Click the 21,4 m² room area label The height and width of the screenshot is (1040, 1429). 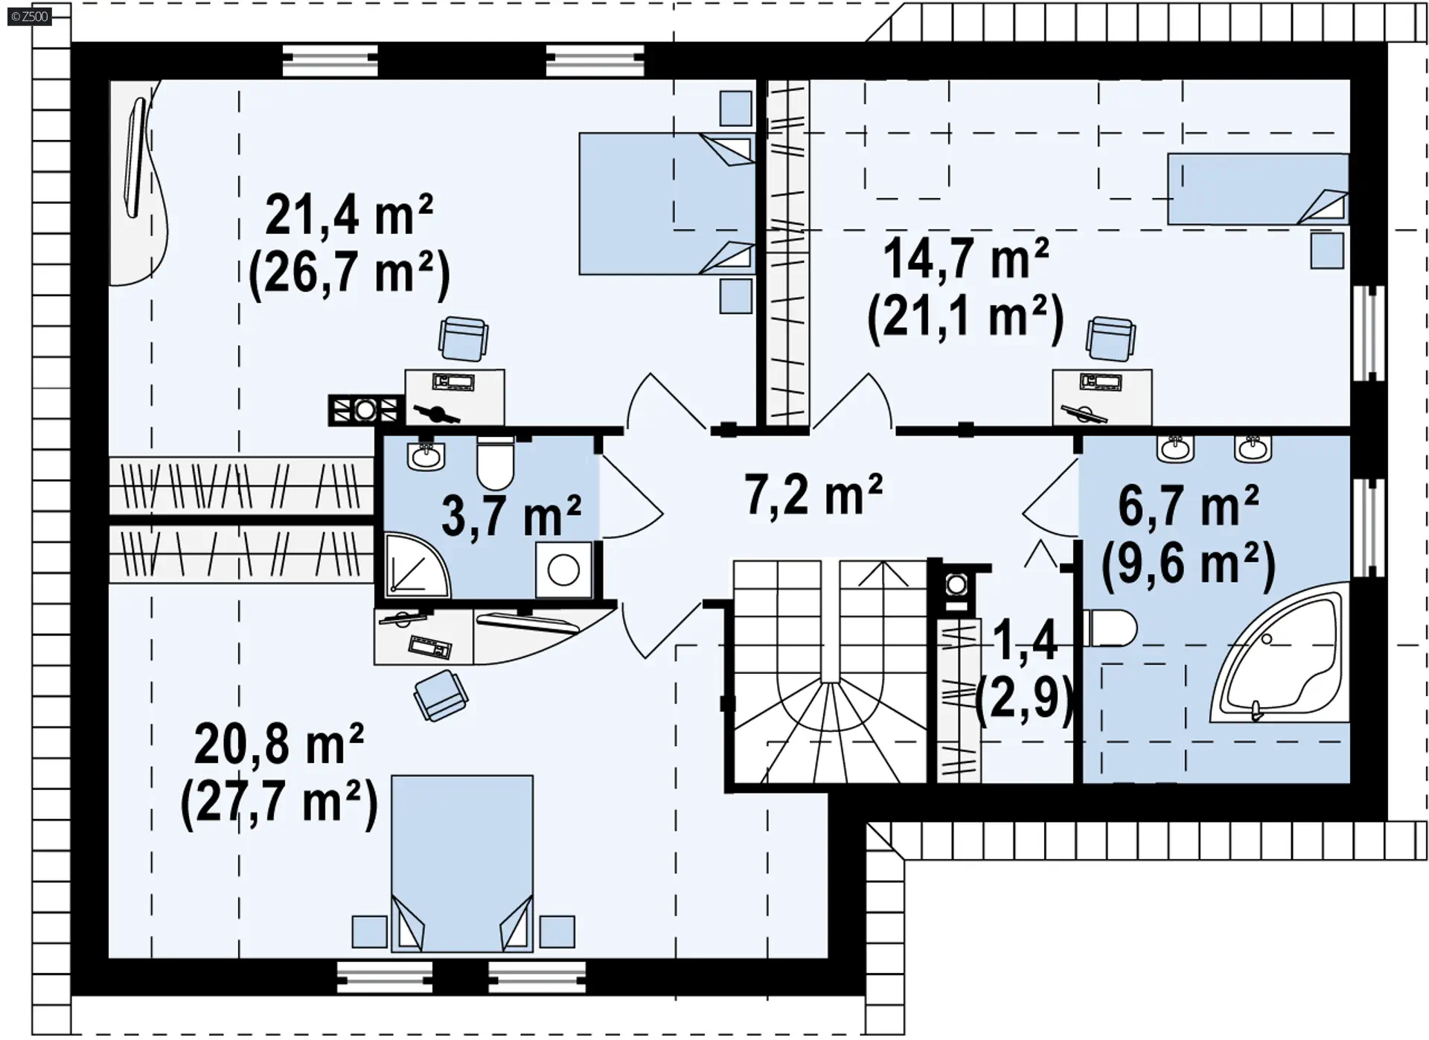pyautogui.click(x=349, y=215)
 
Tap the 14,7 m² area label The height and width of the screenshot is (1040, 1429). pyautogui.click(x=966, y=258)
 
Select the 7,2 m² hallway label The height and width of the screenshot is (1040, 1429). pyautogui.click(x=813, y=494)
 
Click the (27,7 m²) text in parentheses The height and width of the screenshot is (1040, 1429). pyautogui.click(x=279, y=803)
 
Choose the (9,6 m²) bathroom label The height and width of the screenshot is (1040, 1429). pyautogui.click(x=1189, y=564)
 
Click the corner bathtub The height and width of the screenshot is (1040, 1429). pyautogui.click(x=1279, y=654)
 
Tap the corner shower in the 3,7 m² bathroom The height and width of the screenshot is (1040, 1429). pyautogui.click(x=418, y=565)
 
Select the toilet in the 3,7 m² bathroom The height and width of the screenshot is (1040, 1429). pyautogui.click(x=495, y=462)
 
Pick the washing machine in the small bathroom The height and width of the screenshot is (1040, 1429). pyautogui.click(x=563, y=570)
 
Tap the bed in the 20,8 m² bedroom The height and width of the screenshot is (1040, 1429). pyautogui.click(x=462, y=864)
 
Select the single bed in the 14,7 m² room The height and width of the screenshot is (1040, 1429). pyautogui.click(x=1258, y=189)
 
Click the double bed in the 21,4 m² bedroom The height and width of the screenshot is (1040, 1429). pyautogui.click(x=667, y=204)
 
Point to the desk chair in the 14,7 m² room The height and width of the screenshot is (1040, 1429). pyautogui.click(x=1110, y=339)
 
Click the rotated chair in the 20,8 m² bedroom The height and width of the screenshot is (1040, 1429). pyautogui.click(x=441, y=695)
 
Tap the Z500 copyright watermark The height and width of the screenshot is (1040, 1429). pyautogui.click(x=30, y=16)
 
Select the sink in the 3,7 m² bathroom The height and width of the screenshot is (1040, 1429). pyautogui.click(x=426, y=455)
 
